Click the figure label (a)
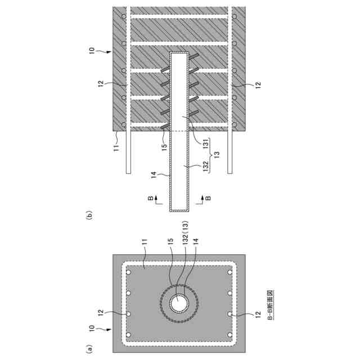88,349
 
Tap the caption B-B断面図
271,307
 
